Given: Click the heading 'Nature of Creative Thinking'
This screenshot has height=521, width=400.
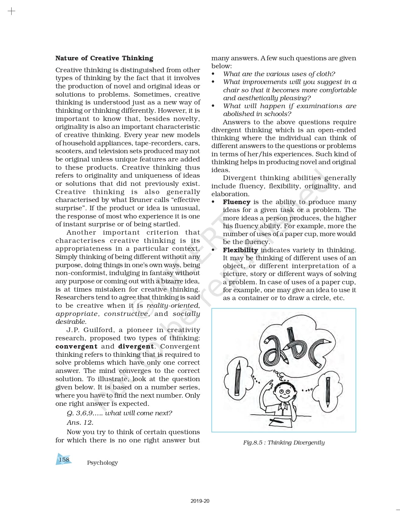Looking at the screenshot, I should pyautogui.click(x=104, y=58).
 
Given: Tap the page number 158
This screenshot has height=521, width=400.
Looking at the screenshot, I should pyautogui.click(x=64, y=459).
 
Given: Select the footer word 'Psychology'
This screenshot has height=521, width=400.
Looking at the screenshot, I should pyautogui.click(x=102, y=463).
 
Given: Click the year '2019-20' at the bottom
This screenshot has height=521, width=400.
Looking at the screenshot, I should pyautogui.click(x=200, y=501).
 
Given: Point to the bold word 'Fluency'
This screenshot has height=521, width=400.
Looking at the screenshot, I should pyautogui.click(x=236, y=202).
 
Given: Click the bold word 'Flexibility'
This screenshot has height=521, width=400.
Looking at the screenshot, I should pyautogui.click(x=240, y=250).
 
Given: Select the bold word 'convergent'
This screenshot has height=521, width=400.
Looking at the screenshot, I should pyautogui.click(x=76, y=346).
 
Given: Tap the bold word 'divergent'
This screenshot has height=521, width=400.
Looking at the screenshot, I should pyautogui.click(x=136, y=346).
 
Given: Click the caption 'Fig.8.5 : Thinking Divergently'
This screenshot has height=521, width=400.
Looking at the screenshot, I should pyautogui.click(x=284, y=442).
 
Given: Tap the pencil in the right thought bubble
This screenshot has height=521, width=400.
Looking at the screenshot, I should pyautogui.click(x=328, y=392).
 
